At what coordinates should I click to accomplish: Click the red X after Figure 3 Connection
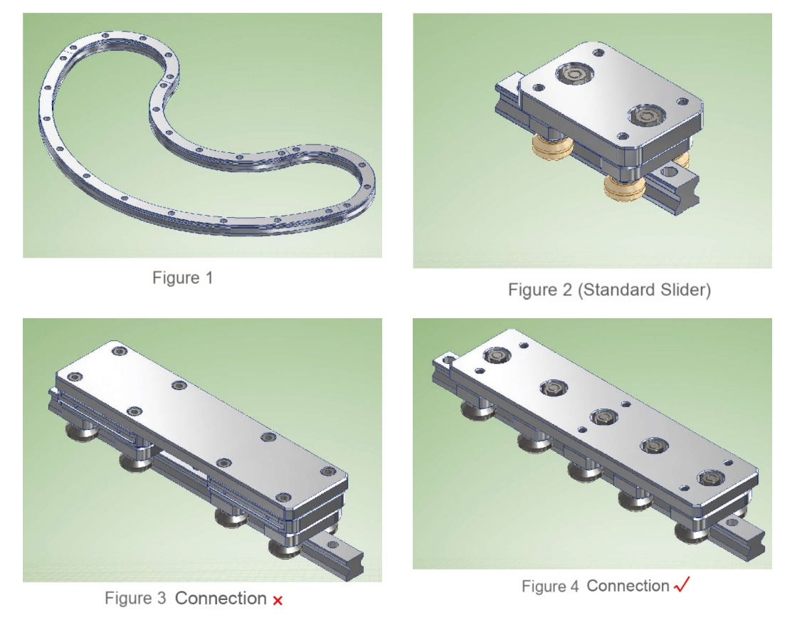point(278,601)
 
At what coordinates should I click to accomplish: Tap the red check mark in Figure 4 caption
point(682,584)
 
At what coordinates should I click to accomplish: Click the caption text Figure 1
point(183,278)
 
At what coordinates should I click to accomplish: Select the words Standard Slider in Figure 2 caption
point(645,290)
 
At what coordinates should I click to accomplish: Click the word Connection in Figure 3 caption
point(221,598)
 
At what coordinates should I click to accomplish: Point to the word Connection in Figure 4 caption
point(628,586)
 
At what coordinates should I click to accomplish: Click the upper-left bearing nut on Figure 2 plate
point(574,75)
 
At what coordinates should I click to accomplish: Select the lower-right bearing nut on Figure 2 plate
point(646,115)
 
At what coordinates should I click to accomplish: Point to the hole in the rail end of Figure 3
point(332,545)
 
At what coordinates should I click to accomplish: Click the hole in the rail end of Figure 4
point(732,523)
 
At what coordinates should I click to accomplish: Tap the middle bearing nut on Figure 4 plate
point(604,417)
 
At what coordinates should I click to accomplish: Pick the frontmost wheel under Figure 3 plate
point(285,550)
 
